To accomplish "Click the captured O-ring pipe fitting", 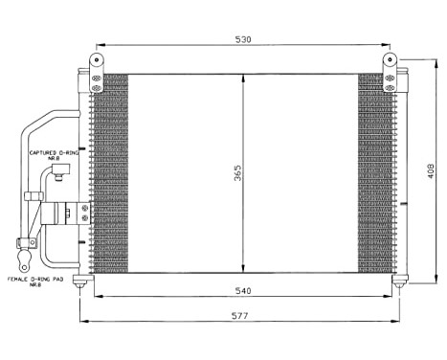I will pos(58,172).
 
